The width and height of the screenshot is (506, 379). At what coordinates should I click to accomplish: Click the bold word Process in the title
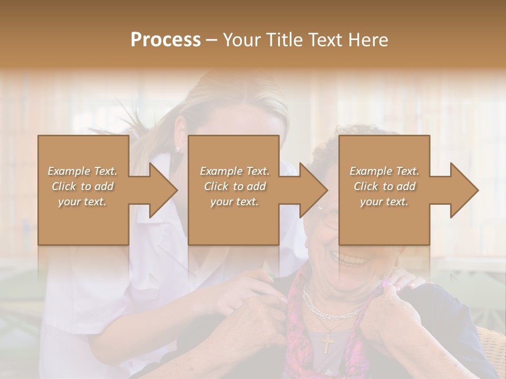coord(166,40)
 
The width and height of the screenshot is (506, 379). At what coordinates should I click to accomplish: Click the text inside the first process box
coord(83,186)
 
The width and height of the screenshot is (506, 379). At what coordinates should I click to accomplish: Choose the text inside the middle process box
coord(235,186)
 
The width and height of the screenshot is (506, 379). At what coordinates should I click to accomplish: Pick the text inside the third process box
coord(384,186)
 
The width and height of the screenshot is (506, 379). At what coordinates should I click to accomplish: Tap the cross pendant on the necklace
coord(327,343)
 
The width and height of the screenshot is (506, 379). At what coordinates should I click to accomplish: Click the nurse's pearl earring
coord(178,149)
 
